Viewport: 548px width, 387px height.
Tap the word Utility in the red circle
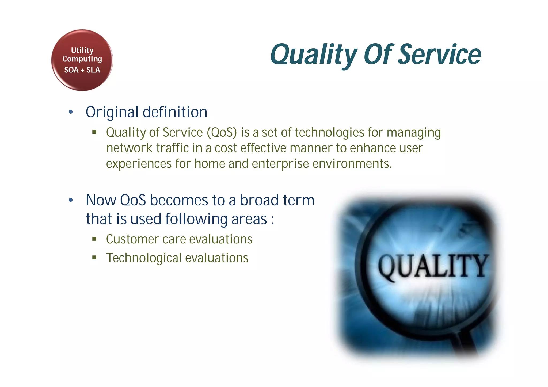pos(82,50)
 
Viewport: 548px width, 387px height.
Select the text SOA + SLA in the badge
pos(82,70)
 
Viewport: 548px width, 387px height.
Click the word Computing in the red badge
pos(82,59)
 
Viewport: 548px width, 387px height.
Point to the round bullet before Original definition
pos(71,112)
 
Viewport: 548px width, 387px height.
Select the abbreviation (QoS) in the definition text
pos(222,132)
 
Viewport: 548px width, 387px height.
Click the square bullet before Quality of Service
pos(94,132)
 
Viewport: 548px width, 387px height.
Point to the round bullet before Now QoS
pos(71,200)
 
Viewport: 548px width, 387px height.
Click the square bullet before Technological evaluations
pos(94,258)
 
